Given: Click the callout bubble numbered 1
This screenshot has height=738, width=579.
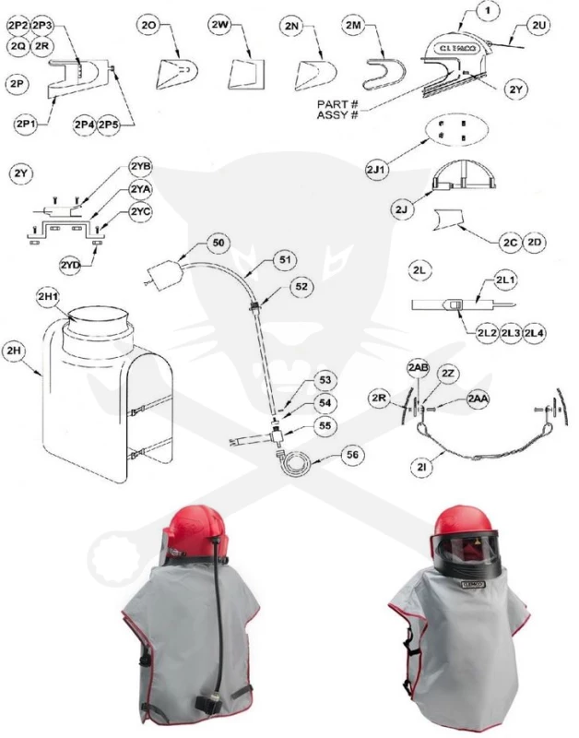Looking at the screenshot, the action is click(x=488, y=12).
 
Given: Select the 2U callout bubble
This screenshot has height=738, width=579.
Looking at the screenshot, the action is click(x=539, y=26).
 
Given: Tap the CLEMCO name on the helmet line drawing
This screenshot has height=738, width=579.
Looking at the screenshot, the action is click(x=457, y=49).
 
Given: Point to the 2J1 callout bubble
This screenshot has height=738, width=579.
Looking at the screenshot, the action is click(x=378, y=169).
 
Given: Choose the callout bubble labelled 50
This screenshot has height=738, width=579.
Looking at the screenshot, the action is click(x=219, y=243).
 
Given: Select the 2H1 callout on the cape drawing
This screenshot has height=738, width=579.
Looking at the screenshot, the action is click(x=49, y=297).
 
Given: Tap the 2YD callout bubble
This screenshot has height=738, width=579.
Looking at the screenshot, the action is click(x=71, y=266).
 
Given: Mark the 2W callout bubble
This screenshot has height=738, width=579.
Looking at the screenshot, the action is click(x=219, y=26).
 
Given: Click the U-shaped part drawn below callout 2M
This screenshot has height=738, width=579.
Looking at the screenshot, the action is click(x=384, y=75).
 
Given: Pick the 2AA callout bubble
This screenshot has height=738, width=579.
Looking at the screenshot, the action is click(x=478, y=399).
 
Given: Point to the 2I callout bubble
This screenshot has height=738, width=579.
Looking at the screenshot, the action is click(x=422, y=467).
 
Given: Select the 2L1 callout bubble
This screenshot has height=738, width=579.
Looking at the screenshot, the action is click(x=504, y=280).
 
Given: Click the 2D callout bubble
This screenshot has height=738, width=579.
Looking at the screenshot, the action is click(x=534, y=243).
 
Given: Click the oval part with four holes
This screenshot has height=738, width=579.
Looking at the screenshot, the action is click(x=456, y=129).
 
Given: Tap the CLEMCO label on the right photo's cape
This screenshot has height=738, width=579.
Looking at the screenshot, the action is click(x=473, y=584).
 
